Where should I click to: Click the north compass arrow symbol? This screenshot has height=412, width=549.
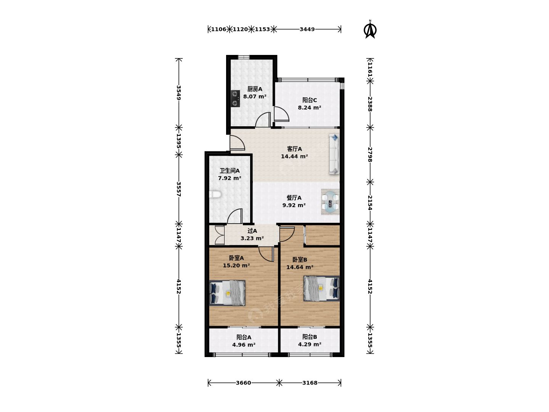370,29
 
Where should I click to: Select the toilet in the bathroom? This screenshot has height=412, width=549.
215,195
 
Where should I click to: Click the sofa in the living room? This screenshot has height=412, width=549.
334,154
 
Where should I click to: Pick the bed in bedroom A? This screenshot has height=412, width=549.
227,293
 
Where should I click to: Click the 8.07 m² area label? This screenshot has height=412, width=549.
255,96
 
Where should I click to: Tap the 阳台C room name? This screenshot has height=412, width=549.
310,100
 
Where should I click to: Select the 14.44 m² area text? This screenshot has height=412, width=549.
294,156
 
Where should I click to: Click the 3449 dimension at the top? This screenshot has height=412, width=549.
307,29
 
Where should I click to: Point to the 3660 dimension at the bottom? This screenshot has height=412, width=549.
243,383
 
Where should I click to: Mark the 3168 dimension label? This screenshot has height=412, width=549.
310,383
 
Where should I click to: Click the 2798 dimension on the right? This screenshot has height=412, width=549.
370,154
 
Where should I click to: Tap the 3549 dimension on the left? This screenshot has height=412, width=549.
178,93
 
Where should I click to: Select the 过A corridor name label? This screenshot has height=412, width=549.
252,231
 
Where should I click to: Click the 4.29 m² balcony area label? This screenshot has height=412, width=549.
310,344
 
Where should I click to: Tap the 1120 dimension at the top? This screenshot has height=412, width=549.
240,29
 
